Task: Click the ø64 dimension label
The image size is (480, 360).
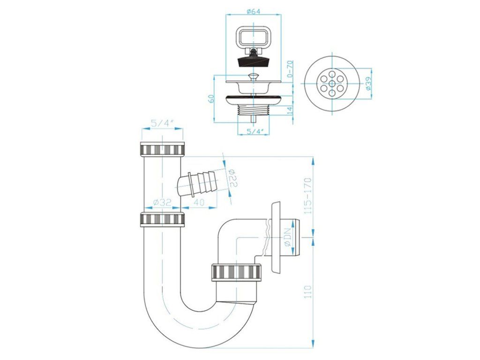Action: pos(253,12)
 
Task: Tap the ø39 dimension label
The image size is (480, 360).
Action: pos(368,83)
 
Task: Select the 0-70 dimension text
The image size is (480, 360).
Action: pos(290,69)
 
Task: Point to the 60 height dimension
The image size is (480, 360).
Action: pos(210,98)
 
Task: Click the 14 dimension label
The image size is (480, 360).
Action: pos(290,110)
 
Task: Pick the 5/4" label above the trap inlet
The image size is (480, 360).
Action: pos(162,124)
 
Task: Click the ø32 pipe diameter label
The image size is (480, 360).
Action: pos(162,202)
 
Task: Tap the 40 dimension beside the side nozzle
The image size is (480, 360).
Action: pos(199,202)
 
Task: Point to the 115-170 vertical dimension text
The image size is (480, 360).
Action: pos(308,195)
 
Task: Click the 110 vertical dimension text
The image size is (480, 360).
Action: pos(308,292)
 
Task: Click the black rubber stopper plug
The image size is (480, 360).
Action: pos(253,60)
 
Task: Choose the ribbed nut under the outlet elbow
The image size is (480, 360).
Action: pos(237,272)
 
